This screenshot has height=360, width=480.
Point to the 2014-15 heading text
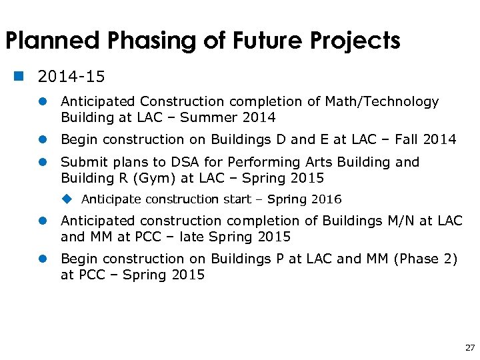(71, 77)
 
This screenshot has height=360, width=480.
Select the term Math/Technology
(381, 102)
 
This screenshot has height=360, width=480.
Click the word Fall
(407, 139)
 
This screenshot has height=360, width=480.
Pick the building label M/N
(398, 221)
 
